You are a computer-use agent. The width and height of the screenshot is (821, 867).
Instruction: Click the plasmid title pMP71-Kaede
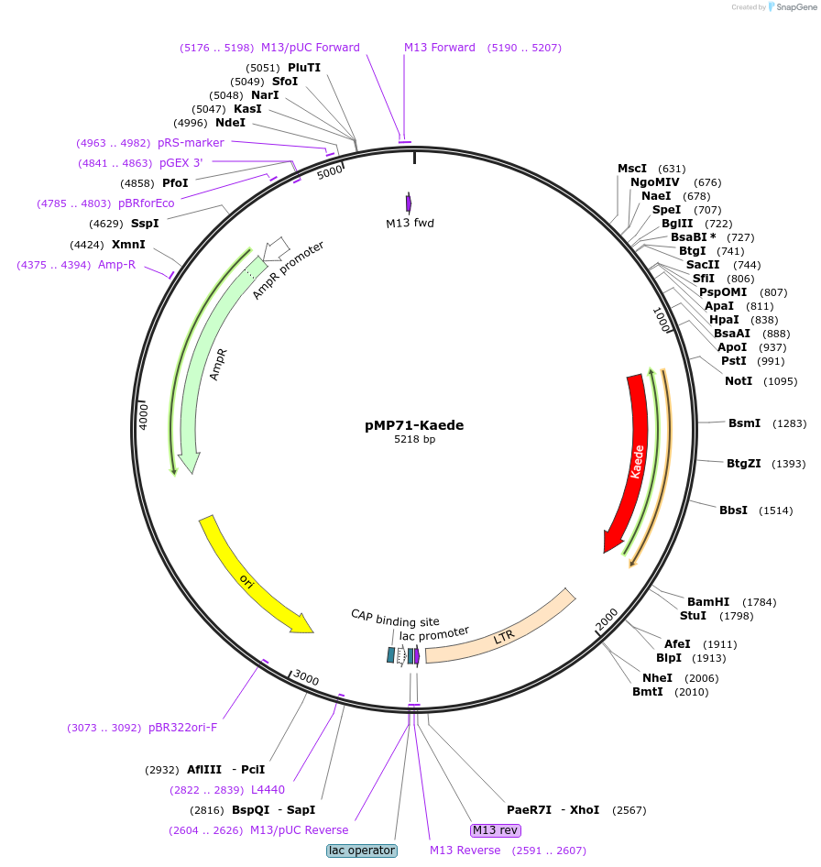tap(414, 425)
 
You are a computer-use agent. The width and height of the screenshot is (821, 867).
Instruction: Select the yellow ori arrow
tap(247, 577)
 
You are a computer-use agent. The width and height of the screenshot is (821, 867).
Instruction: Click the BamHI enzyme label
tap(708, 602)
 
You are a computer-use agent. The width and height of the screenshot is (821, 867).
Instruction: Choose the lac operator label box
tap(361, 851)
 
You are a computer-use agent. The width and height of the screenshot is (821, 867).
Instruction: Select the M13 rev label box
tap(496, 830)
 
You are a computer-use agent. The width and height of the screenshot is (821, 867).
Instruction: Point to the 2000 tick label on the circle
tap(607, 620)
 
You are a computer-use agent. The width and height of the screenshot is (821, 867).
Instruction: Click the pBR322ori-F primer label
tap(183, 728)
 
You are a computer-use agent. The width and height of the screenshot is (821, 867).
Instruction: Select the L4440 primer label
tap(268, 789)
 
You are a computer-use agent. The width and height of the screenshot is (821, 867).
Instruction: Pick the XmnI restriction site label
tap(128, 245)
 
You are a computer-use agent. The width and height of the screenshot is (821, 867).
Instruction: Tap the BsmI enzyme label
tap(744, 423)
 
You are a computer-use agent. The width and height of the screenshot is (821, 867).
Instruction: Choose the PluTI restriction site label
tap(304, 68)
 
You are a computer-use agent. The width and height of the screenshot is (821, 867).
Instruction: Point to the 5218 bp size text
tap(414, 440)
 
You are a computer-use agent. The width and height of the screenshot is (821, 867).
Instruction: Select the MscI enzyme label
tap(632, 169)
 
